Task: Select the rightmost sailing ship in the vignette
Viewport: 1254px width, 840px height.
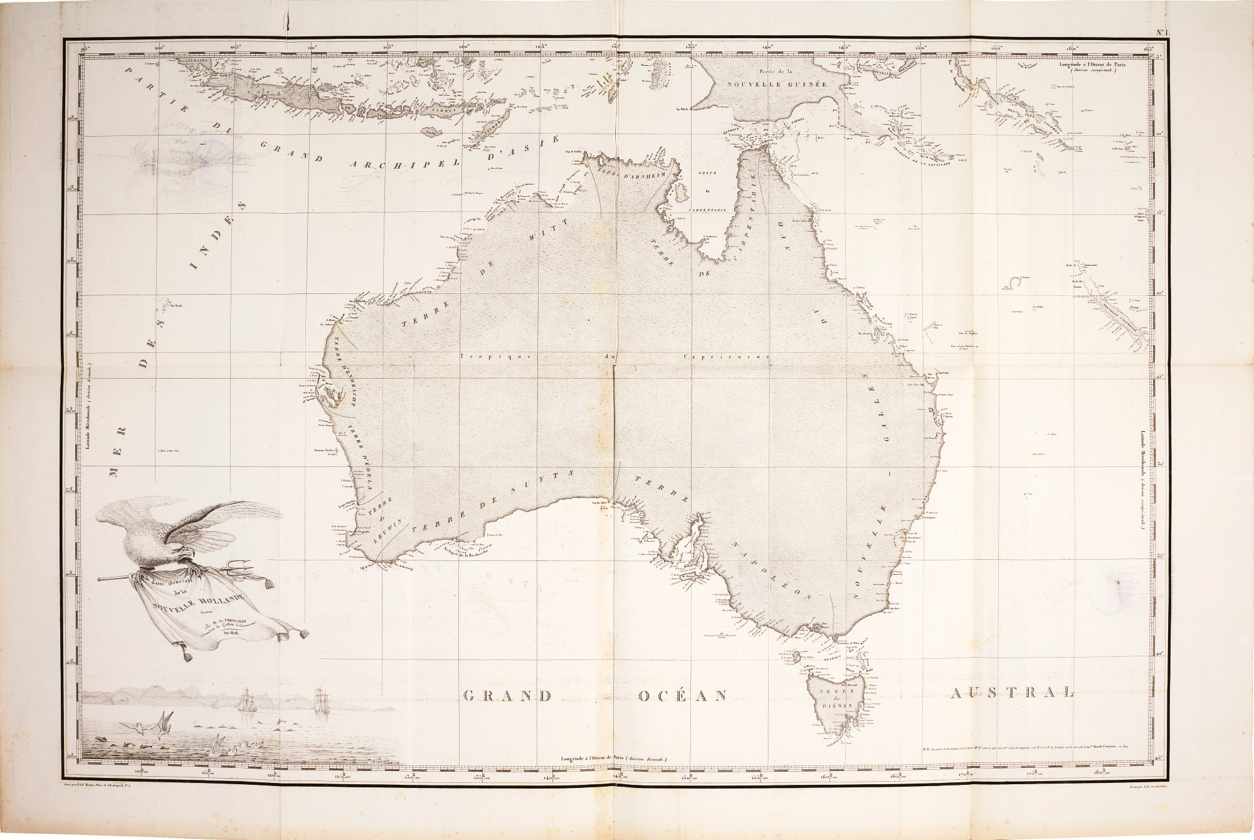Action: coord(322,701)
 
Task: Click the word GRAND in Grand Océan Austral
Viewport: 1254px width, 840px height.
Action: coord(506,695)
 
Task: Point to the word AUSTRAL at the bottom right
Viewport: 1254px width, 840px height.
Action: coord(1011,693)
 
